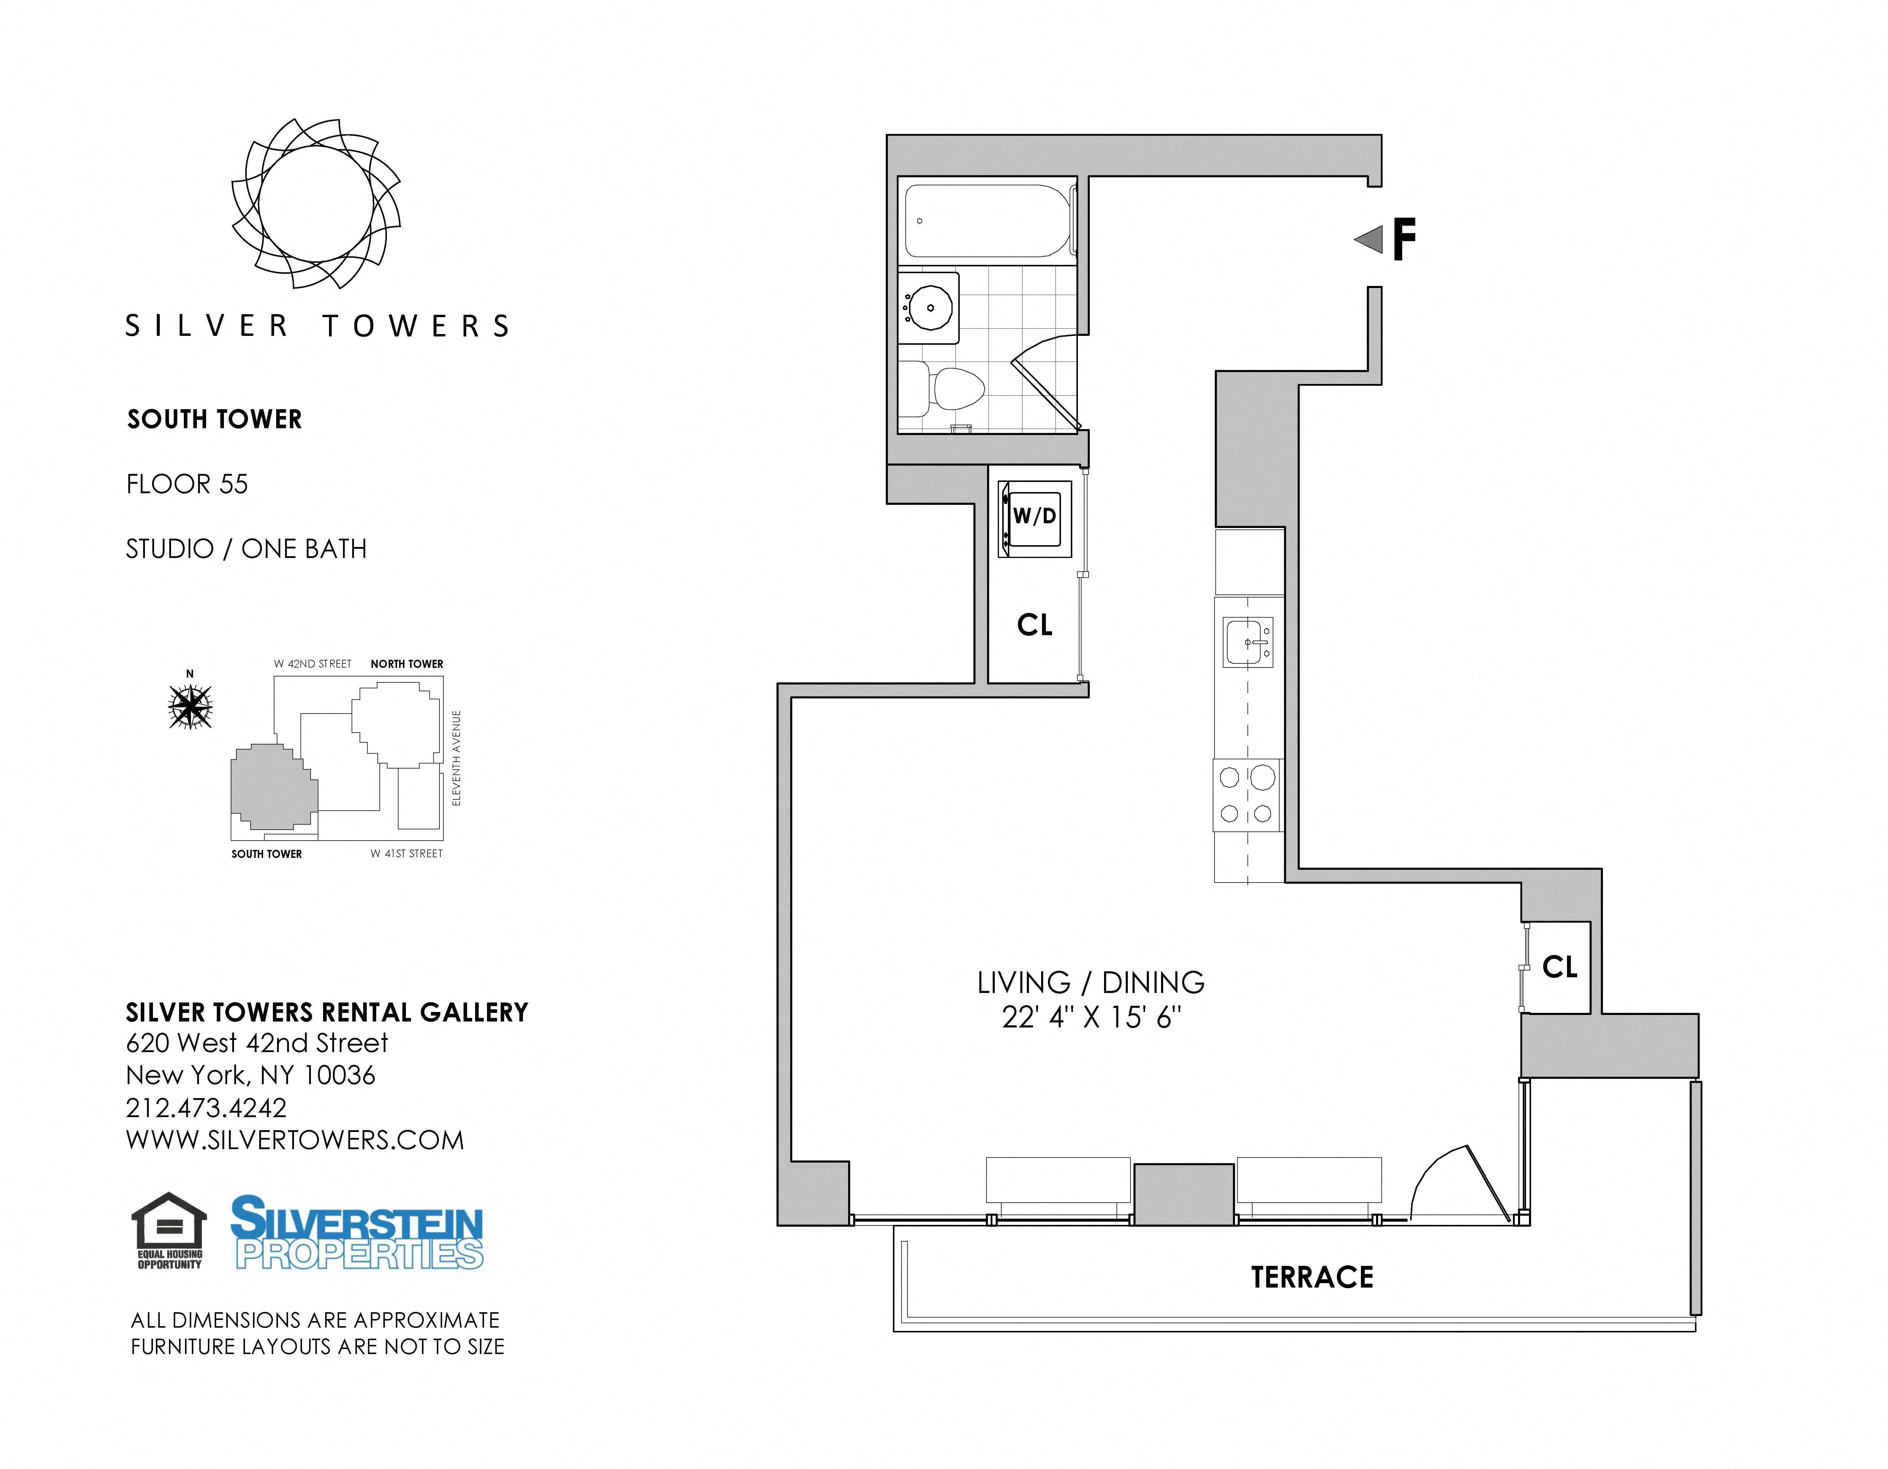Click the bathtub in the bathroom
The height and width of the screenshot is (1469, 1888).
point(987,221)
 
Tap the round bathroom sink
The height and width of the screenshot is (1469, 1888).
point(931,307)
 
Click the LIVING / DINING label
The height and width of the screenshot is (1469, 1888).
point(1090,983)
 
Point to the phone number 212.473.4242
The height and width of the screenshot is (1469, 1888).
point(206,1108)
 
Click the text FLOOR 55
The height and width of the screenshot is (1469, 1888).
point(187,484)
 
